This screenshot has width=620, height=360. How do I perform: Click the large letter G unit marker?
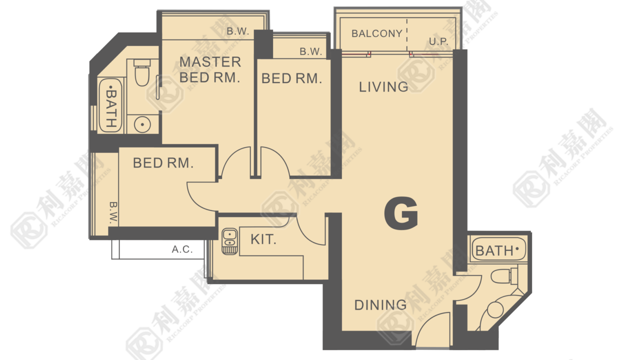click(x=401, y=213)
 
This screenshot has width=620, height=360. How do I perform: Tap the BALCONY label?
click(x=377, y=33)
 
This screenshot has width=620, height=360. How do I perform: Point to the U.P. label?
click(x=438, y=41)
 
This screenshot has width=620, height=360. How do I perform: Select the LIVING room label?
click(x=383, y=87)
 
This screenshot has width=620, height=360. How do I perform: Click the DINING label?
click(x=380, y=305)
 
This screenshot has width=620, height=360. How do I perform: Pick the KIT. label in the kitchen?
click(x=263, y=239)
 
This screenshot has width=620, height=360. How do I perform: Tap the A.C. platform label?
click(x=182, y=249)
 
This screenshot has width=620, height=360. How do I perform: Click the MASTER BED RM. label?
click(x=210, y=69)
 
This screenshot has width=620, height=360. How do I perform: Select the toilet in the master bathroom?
click(x=142, y=72)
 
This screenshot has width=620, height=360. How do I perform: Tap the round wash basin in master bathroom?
click(x=142, y=124)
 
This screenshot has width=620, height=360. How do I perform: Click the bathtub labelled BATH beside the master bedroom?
click(x=110, y=105)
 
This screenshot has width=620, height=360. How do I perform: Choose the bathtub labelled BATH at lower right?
click(x=498, y=249)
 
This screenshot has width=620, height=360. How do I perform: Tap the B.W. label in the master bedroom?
click(x=238, y=31)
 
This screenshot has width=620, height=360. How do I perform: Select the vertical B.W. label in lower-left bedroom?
click(x=113, y=212)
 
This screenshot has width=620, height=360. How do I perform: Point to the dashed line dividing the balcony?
click(x=407, y=34)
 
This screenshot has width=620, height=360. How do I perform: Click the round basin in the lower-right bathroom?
click(x=495, y=309)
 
